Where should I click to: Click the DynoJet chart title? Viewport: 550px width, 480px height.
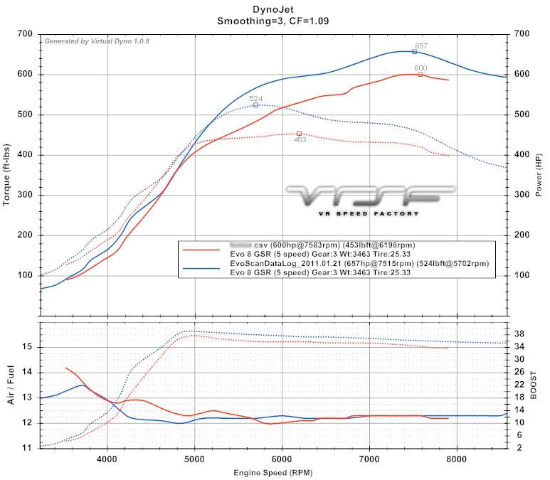(274, 9)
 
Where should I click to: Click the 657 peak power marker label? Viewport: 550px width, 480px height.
(421, 46)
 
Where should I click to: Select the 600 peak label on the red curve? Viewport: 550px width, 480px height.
(421, 69)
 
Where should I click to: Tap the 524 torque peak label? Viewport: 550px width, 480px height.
(255, 98)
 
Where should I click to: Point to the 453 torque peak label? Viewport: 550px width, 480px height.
(300, 140)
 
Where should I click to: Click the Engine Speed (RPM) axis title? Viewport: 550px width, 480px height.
(274, 471)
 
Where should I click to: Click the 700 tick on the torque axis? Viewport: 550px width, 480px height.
(26, 34)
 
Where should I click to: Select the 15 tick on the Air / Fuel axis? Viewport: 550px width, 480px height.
(29, 347)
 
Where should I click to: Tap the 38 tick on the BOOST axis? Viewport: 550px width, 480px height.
(519, 333)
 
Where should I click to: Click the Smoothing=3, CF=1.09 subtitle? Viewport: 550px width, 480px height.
(274, 21)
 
